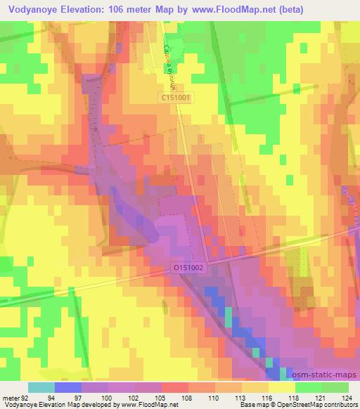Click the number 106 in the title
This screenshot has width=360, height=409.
click(x=134, y=9)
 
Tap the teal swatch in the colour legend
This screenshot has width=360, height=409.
click(x=41, y=387)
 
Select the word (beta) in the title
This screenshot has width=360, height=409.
click(x=339, y=9)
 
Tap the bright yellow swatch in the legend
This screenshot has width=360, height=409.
click(x=281, y=387)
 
